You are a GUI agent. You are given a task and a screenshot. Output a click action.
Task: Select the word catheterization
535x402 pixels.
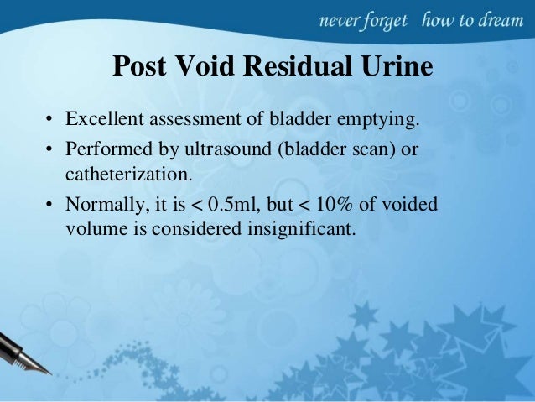[127, 176]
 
